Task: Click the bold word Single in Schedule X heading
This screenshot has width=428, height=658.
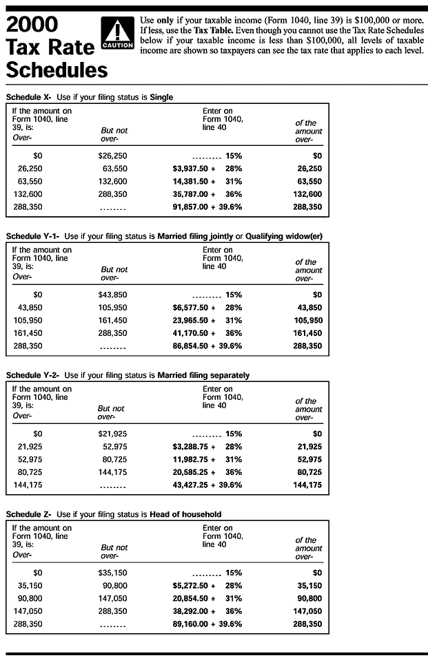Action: click(161, 98)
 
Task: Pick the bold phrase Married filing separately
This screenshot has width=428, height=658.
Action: click(203, 375)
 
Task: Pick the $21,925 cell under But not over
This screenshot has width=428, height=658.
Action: click(112, 434)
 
